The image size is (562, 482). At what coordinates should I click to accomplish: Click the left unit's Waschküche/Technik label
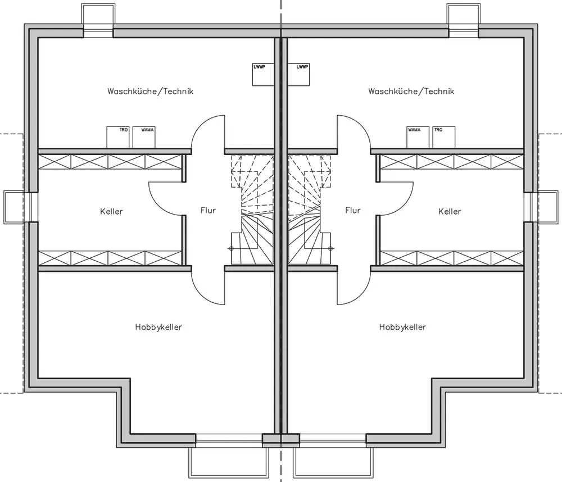150,92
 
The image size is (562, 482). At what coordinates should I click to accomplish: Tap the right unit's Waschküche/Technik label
411,92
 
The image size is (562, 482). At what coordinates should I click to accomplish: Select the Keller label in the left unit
111,211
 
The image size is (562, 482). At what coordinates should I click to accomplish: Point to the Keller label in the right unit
450,211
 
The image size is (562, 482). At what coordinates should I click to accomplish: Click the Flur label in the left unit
209,210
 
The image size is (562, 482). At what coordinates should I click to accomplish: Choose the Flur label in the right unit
353,210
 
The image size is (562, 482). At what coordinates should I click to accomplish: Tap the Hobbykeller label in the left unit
158,327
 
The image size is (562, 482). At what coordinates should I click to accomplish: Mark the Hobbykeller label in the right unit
402,327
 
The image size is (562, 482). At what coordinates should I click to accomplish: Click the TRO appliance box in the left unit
118,137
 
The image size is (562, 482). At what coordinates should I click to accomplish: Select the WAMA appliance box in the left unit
144,137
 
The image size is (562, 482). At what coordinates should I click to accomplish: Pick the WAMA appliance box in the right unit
418,137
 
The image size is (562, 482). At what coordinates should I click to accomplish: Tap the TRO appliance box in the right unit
444,137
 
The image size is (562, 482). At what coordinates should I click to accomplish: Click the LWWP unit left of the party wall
263,75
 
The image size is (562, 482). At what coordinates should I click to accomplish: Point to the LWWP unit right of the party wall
298,75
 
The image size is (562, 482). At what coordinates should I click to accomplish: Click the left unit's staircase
252,210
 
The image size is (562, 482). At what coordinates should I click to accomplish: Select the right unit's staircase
310,210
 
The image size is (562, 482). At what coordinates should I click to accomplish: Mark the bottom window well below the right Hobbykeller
333,462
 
